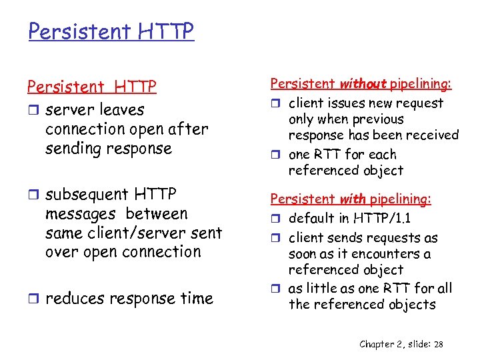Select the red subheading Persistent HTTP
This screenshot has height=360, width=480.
tap(92, 87)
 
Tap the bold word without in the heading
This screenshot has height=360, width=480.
tap(363, 84)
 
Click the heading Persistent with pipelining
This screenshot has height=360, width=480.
tap(351, 199)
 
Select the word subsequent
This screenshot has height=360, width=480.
tap(89, 195)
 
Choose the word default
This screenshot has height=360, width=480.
tap(311, 219)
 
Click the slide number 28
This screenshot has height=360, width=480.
tap(437, 344)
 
